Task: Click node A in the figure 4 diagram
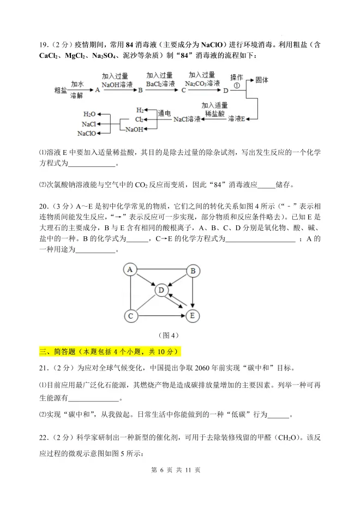click(x=130, y=270)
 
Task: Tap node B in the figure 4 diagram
click(x=192, y=270)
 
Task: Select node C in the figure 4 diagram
click(x=130, y=315)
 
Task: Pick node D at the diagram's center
click(x=161, y=290)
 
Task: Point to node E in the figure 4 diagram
click(x=192, y=315)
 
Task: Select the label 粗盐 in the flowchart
click(x=61, y=90)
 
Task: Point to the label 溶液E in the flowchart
click(x=236, y=118)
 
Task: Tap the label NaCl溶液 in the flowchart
click(x=187, y=118)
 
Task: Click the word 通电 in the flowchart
click(x=164, y=113)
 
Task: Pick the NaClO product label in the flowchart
click(x=87, y=134)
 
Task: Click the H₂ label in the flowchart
click(x=140, y=109)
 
